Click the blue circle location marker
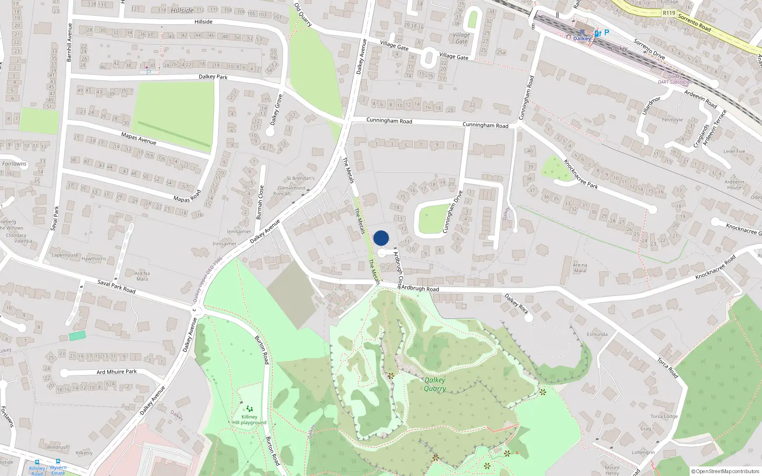[x=381, y=238]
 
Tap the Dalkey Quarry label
[x=435, y=384]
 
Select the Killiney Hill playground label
[x=249, y=419]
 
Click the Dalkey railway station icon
[x=582, y=32]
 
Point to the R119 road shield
[x=669, y=13]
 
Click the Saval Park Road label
[x=116, y=287]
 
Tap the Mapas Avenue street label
[x=139, y=139]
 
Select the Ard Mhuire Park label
[x=117, y=372]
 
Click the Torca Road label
[x=668, y=368]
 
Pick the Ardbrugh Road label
[x=420, y=288]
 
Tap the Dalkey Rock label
[x=516, y=304]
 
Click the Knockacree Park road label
[x=581, y=174]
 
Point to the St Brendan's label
[x=300, y=178]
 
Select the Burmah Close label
[x=260, y=202]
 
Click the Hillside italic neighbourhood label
[x=182, y=10]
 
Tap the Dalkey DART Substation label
[x=675, y=79]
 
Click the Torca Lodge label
[x=664, y=416]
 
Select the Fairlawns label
[x=14, y=164]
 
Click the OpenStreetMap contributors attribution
[x=725, y=471]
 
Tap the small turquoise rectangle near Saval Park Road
[x=77, y=336]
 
